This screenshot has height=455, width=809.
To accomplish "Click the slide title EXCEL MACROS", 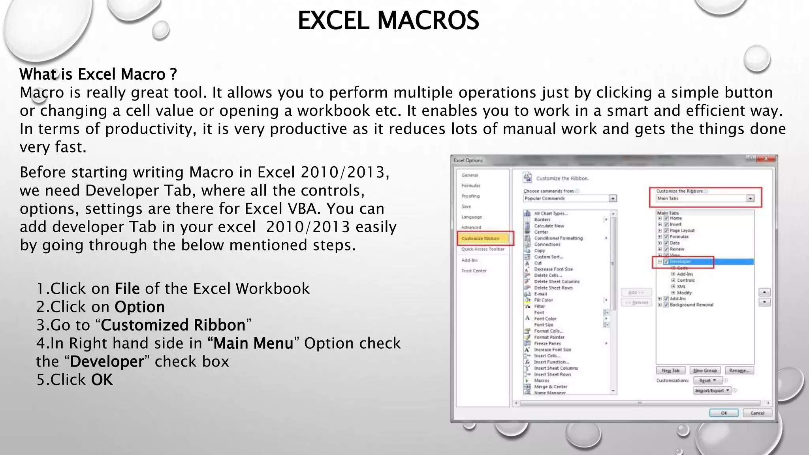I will coord(388,21).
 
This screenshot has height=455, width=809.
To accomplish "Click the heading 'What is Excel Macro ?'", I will coord(98,74).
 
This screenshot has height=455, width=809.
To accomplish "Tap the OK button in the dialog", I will coord(724,413).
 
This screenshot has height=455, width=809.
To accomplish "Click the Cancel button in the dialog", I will coord(757,413).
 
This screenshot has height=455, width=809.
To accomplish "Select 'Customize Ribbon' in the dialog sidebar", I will coord(480,239).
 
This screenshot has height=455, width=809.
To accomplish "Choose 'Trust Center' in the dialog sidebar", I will coord(474,271).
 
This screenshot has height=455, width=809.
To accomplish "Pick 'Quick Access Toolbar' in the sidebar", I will coord(483,249).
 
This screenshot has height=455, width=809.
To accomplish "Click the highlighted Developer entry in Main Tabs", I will coord(680,261).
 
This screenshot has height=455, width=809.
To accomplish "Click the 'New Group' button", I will coord(705,370).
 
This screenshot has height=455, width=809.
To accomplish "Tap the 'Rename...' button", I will coord(739,370).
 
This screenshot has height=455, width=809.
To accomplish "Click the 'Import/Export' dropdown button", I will coord(712,391).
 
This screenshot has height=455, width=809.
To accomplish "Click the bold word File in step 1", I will coord(127,289).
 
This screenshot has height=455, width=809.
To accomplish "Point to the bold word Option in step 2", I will coord(139,307).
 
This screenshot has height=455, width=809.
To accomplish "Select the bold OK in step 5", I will coord(102,380).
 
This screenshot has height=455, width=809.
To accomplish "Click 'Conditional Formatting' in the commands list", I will coord(558,238).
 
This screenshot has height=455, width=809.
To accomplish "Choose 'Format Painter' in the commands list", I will coord(549,337).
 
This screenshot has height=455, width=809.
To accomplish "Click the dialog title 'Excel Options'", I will coord(468,160).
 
